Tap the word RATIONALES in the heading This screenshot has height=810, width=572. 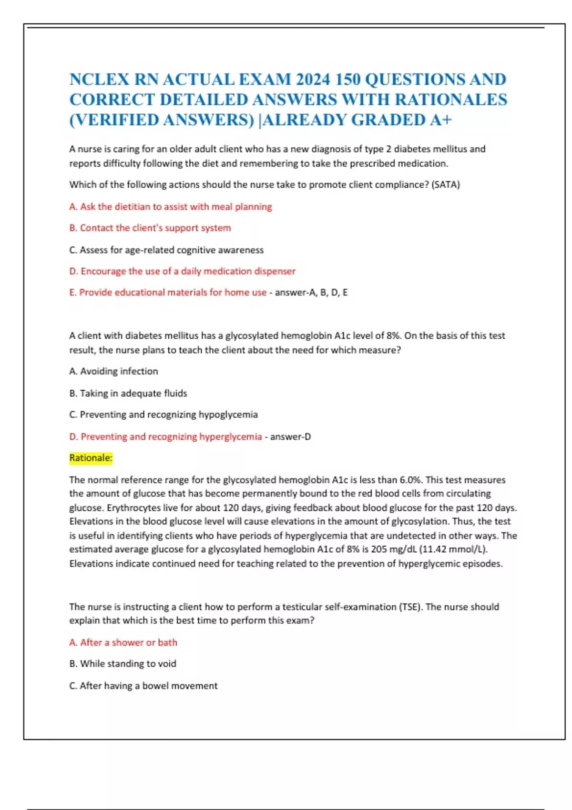point(451,100)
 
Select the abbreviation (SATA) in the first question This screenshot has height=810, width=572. point(445,185)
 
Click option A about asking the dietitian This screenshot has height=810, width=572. point(171,207)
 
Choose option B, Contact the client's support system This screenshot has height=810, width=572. point(150,228)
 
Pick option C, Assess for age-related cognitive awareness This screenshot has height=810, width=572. point(166,250)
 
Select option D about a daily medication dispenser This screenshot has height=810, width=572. point(183,272)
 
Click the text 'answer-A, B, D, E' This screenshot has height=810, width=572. point(311,293)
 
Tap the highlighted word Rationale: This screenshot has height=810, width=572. point(91,458)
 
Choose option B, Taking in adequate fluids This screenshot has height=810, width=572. point(128,394)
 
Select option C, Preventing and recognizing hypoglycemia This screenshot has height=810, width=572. point(163,415)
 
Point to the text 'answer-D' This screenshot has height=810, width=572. point(291,437)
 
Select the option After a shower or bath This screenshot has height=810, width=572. point(123,643)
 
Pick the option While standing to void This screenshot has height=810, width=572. point(123,664)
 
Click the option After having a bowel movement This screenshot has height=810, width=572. point(143,686)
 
